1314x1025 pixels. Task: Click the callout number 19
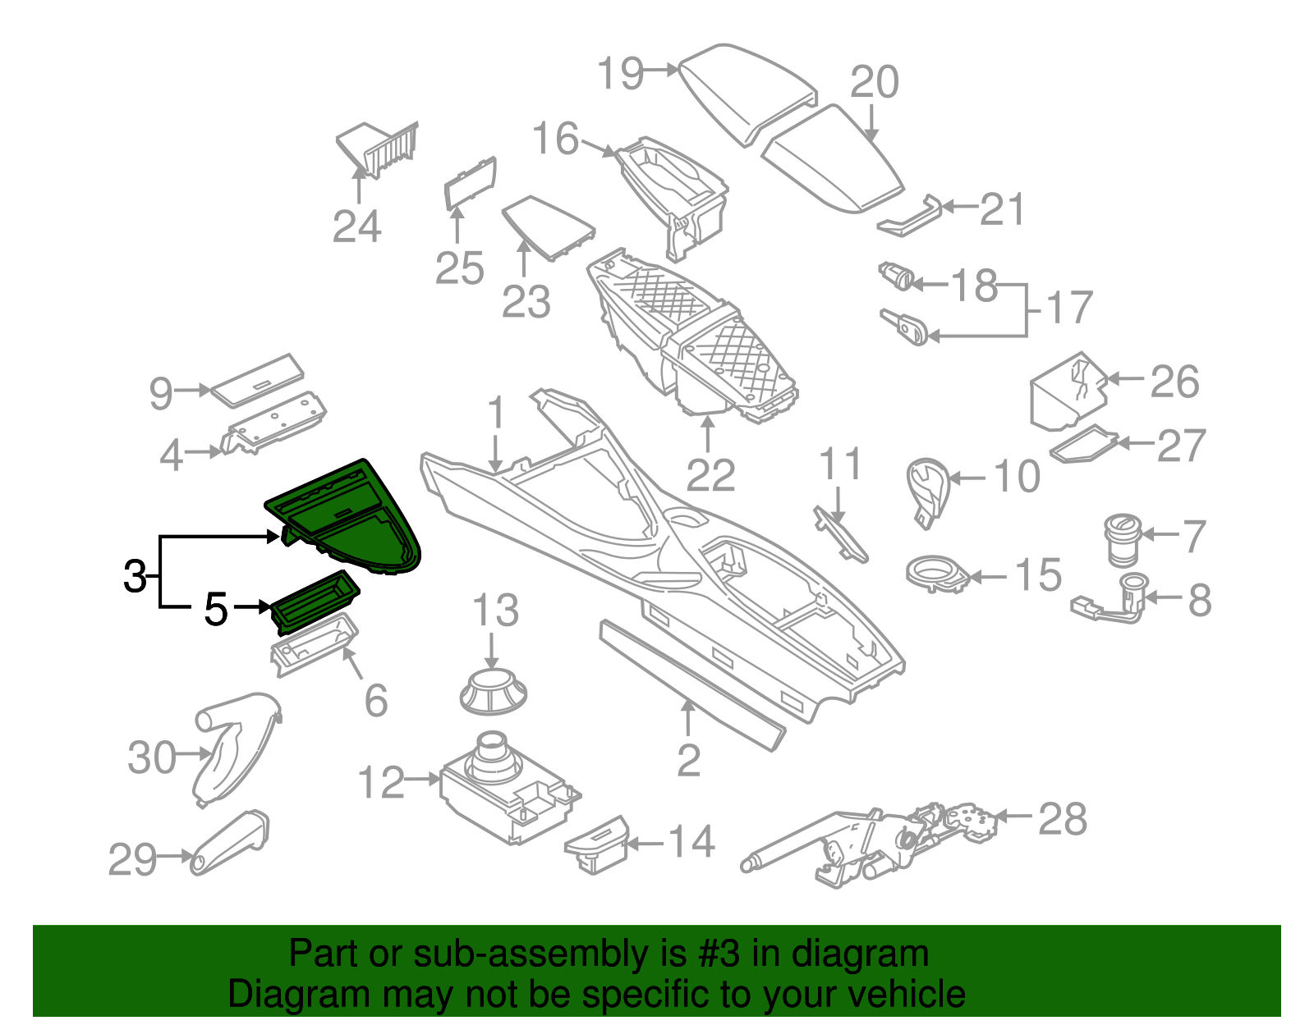point(620,74)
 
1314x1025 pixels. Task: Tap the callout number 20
point(875,82)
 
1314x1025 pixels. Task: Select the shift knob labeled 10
point(926,488)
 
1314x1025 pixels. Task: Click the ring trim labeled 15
point(937,572)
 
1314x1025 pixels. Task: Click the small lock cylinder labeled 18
point(897,276)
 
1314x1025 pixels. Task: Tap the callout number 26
point(1174,382)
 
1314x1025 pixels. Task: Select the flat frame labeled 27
point(1084,445)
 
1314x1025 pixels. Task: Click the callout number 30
point(152,757)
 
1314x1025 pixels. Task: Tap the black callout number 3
point(135,576)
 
